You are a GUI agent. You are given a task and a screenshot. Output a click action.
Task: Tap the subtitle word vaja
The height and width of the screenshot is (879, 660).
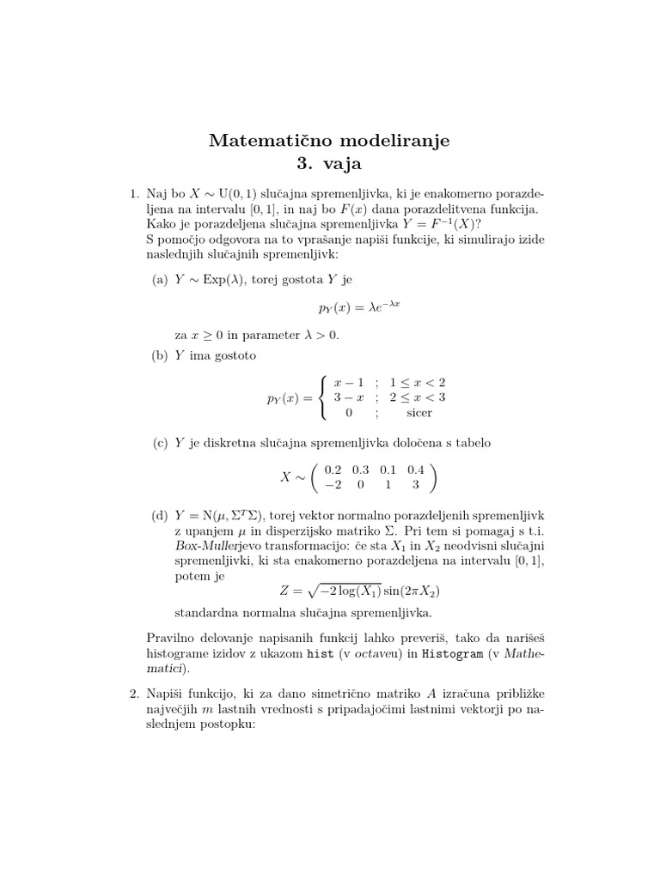(x=343, y=162)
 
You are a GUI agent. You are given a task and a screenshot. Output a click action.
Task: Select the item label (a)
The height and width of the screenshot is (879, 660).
(x=160, y=279)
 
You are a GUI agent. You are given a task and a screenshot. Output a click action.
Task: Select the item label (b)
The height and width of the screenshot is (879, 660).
(x=160, y=355)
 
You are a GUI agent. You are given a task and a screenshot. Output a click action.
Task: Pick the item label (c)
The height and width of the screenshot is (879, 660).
(x=160, y=443)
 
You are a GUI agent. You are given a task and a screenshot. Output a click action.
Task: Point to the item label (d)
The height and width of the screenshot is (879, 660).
(x=160, y=515)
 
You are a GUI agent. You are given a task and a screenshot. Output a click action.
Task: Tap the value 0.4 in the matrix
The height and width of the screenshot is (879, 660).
(x=417, y=470)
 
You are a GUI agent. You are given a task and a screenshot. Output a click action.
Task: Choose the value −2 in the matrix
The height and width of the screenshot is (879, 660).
(x=333, y=484)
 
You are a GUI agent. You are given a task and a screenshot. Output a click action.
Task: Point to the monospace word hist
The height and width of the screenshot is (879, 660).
(x=320, y=654)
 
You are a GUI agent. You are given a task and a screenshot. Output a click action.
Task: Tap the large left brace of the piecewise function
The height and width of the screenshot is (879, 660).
(x=322, y=397)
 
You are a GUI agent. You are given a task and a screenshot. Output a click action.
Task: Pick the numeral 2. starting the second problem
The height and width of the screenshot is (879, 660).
(x=122, y=693)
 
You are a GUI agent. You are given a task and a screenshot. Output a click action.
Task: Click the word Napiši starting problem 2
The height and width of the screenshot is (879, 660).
(x=156, y=693)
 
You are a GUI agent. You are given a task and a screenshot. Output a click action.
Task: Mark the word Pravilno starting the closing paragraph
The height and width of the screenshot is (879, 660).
(x=173, y=638)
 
